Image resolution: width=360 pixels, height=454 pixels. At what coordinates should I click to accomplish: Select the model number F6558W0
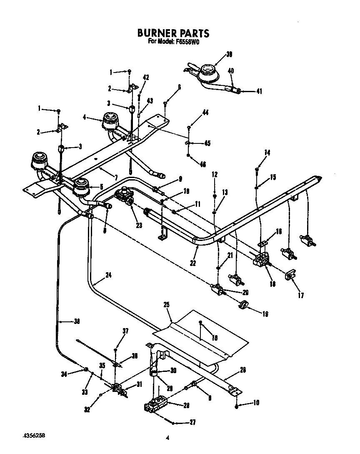pos(188,41)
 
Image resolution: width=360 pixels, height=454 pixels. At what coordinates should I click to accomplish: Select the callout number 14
pos(267,153)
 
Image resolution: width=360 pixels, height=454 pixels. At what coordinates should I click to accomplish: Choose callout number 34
pos(64,374)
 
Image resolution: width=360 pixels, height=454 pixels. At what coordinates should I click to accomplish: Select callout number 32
pos(87,409)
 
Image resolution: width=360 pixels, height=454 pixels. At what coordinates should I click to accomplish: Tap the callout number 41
pos(260,91)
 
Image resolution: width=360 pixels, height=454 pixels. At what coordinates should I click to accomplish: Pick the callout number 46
pos(203,164)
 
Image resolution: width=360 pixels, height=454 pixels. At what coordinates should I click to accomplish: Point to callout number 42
pos(146,78)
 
